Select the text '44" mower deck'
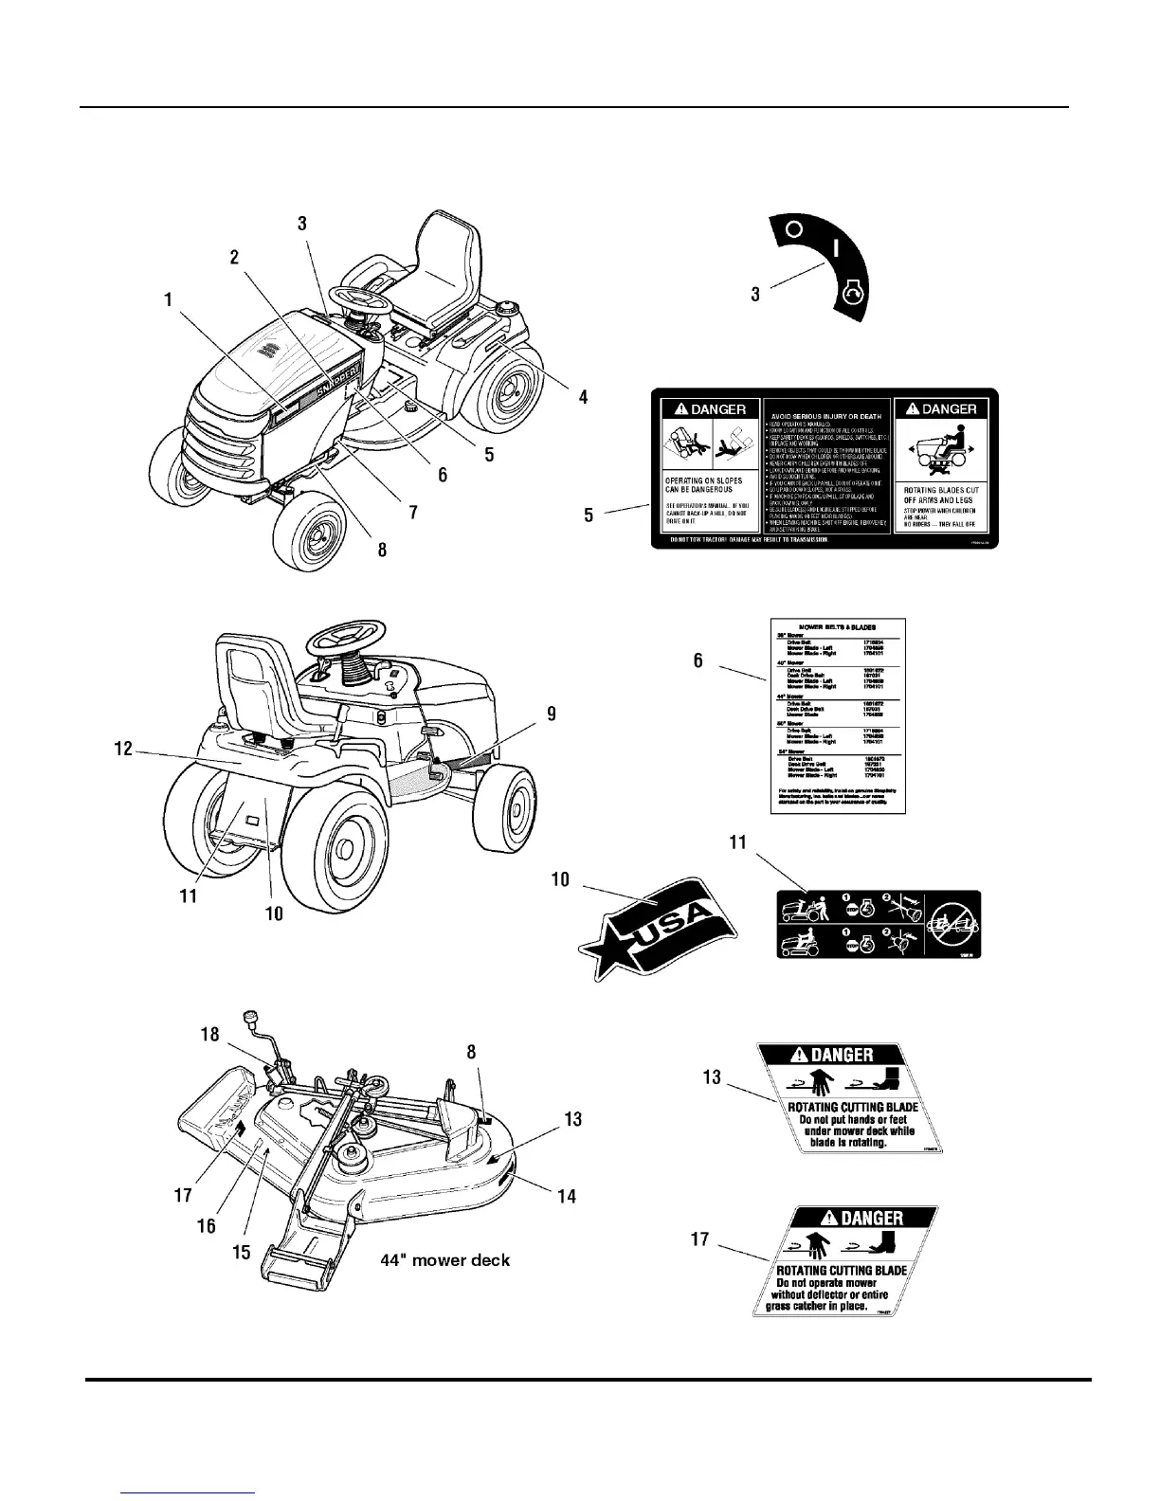pos(445,1260)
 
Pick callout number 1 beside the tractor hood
pos(168,300)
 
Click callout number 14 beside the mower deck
pos(566,1196)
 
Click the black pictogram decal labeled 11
pos(879,925)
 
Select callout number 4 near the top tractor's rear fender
pos(583,398)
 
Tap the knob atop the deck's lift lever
pos(251,1019)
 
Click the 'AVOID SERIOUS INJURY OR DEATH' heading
pos(825,416)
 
